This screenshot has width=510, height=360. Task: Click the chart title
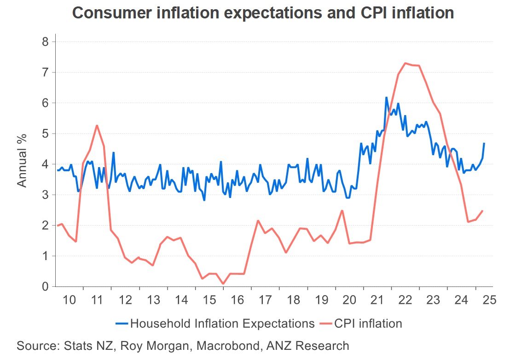tap(263, 12)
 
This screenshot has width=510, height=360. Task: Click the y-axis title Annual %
tap(22, 159)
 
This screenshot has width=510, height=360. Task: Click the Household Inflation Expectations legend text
tap(222, 323)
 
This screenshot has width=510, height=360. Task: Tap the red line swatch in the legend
tap(325, 323)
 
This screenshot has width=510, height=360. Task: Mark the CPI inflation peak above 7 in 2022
tap(405, 63)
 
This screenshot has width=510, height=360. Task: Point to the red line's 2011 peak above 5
tap(97, 125)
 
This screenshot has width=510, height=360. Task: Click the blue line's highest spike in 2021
tap(386, 97)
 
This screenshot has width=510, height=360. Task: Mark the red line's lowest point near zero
tap(223, 284)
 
